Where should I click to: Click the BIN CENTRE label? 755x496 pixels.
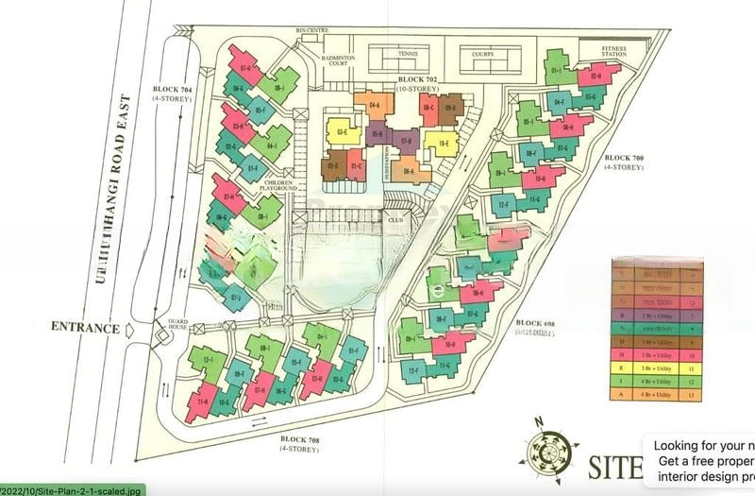click(x=311, y=30)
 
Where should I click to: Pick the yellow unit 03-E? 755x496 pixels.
click(x=342, y=131)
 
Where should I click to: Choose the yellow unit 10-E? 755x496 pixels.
click(x=441, y=145)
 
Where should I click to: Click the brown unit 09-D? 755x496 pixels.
click(x=451, y=110)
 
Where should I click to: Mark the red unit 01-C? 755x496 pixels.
click(x=355, y=168)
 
